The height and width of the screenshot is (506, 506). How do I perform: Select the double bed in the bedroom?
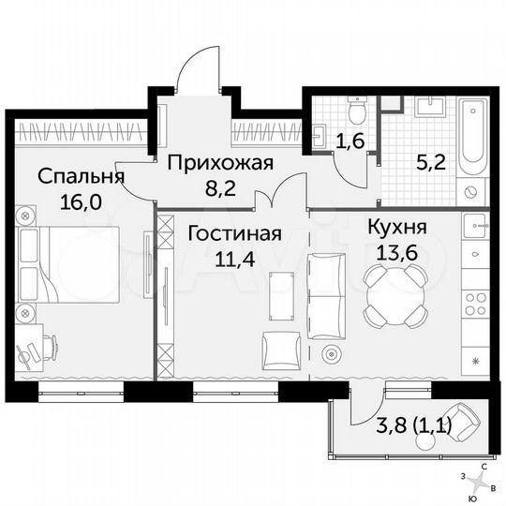click(x=66, y=267)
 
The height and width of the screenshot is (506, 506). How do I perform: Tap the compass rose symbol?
click(x=482, y=484)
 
